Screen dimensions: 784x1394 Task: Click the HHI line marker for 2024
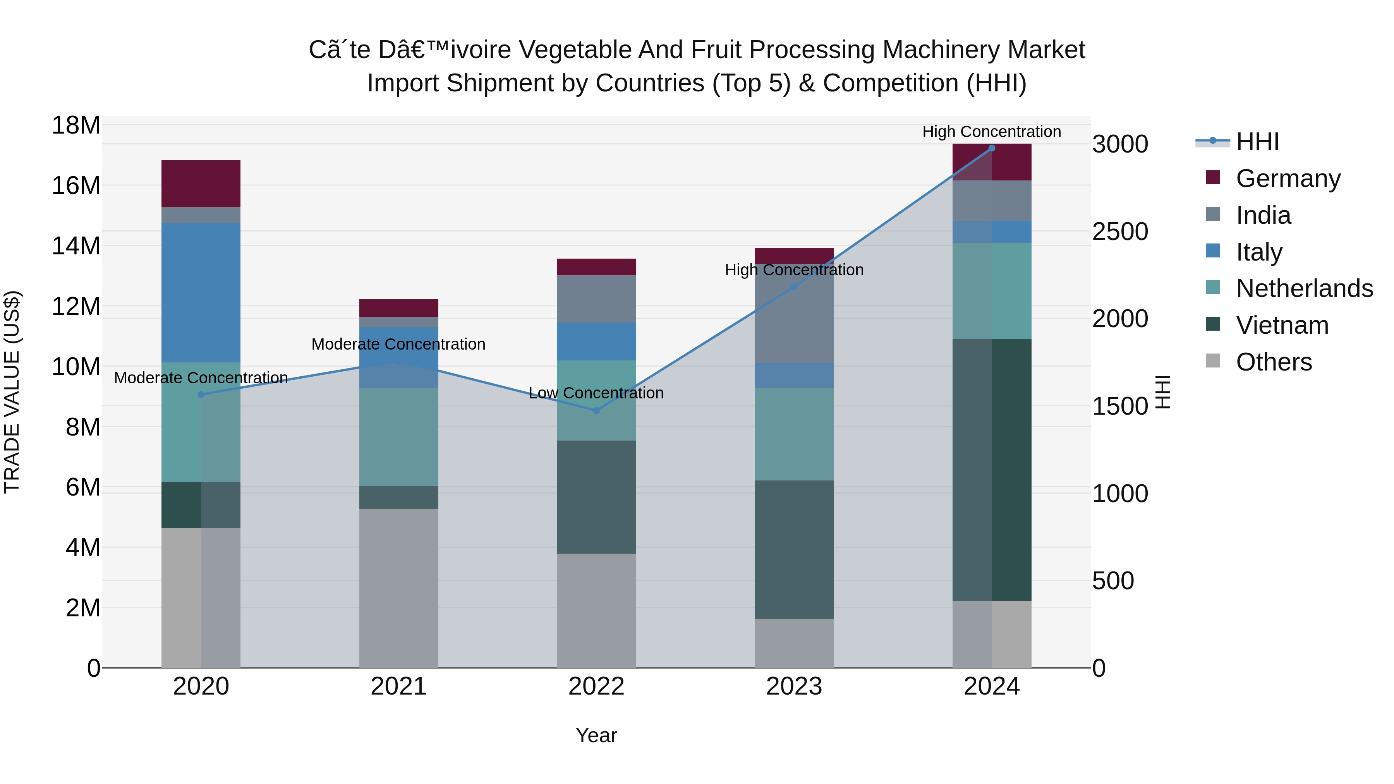(x=991, y=148)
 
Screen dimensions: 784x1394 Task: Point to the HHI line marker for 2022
(x=596, y=411)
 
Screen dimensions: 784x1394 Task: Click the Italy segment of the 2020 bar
(x=201, y=292)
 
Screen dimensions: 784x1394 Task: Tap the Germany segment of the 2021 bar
(x=399, y=308)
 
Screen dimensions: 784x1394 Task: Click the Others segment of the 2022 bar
(x=596, y=610)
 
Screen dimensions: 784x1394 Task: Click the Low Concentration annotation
(x=596, y=393)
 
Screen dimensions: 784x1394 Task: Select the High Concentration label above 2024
(x=991, y=132)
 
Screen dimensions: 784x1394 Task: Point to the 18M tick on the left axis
(x=76, y=125)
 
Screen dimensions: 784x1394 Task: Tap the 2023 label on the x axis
(x=794, y=686)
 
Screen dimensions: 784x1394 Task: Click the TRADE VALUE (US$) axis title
(x=12, y=392)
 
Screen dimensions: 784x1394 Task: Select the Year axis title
(x=596, y=735)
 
